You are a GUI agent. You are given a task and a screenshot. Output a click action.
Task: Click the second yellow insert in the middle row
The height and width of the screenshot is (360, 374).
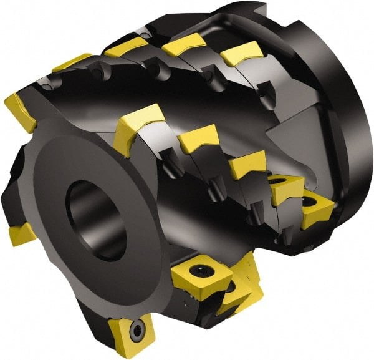pos(198,138)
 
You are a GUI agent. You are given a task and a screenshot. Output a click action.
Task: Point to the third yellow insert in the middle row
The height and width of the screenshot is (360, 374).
pos(247,165)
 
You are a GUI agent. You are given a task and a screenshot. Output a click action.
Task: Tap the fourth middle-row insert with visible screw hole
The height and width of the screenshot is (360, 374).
pos(286,188)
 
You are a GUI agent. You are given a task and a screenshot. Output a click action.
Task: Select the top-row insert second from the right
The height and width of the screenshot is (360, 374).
pos(183,44)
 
